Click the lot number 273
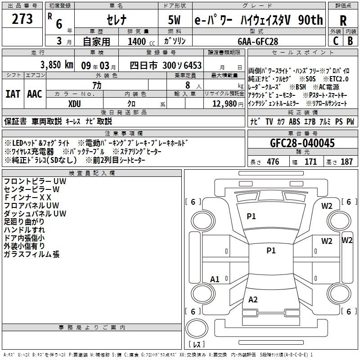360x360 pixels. coord(22,20)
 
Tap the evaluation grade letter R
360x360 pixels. coord(343,21)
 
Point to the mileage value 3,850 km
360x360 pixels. coord(56,64)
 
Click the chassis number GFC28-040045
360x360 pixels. coord(302,143)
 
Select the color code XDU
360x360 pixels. coord(75,103)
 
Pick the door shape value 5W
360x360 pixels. coord(174,21)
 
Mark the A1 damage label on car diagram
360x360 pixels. coord(215,279)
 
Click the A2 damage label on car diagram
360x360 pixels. coord(253,300)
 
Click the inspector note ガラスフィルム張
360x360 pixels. coord(31,254)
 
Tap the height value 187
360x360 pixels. coord(346,162)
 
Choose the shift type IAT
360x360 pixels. coord(12,94)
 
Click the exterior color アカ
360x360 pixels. coord(97,85)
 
